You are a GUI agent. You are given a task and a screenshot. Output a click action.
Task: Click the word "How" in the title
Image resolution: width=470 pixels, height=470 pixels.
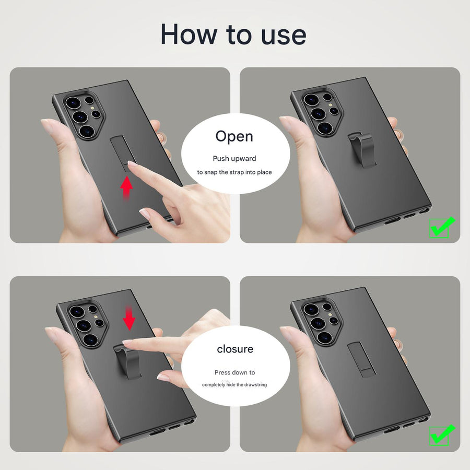tap(188, 34)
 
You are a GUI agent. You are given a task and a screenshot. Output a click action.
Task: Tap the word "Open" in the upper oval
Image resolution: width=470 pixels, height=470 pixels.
tap(234, 136)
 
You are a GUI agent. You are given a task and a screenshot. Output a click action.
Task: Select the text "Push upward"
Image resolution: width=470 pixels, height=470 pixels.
tap(234, 158)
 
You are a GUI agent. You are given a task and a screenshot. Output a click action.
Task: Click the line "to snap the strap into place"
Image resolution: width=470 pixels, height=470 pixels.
tap(234, 172)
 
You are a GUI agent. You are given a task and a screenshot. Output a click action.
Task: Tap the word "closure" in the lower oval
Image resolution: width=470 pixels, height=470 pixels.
tap(235, 349)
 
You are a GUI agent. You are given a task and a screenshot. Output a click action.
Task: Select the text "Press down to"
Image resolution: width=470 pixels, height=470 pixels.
tap(235, 372)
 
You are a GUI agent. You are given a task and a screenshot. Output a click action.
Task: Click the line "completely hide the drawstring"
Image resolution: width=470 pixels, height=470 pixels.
tap(235, 385)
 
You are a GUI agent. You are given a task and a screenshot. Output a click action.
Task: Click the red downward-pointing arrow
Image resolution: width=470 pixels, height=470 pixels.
tap(129, 318)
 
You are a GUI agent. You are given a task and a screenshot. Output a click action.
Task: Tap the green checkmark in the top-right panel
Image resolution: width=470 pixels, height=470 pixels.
tap(441, 227)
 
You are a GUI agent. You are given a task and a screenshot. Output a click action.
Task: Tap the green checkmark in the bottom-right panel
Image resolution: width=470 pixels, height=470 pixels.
tap(441, 434)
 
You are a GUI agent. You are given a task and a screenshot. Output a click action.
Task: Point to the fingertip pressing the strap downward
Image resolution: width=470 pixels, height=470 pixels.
tap(127, 343)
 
